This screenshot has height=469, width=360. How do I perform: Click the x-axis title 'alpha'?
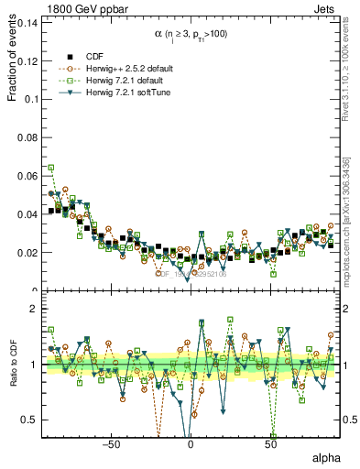[x=325, y=456]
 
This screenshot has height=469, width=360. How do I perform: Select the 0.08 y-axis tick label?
[x=27, y=137]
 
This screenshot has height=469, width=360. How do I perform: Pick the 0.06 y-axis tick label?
[x=27, y=176]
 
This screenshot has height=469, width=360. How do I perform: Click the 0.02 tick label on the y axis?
[x=27, y=253]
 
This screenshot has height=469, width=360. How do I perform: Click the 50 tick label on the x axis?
[x=270, y=443]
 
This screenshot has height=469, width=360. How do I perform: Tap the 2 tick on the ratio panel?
[x=35, y=310]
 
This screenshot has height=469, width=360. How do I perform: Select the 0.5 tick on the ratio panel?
[x=30, y=420]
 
